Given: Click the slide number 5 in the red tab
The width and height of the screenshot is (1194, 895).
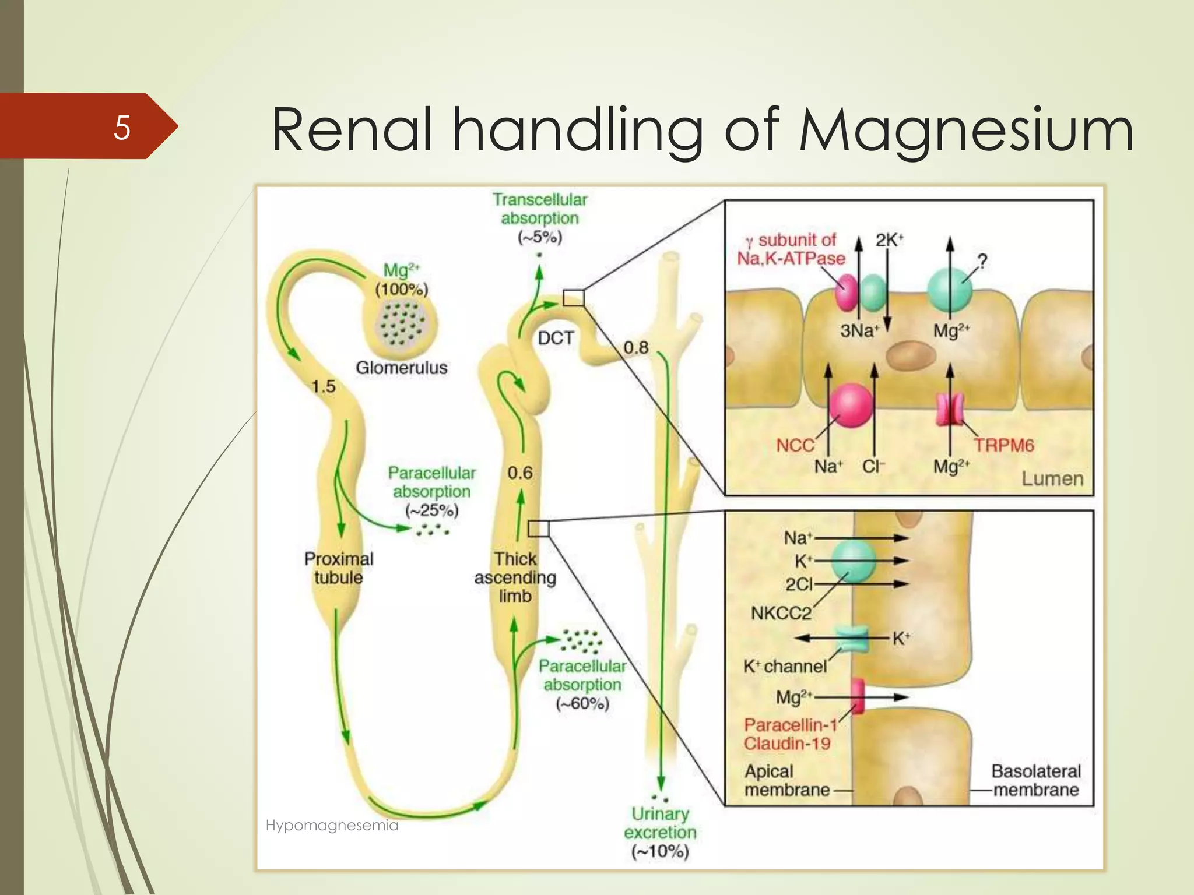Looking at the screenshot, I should (122, 127).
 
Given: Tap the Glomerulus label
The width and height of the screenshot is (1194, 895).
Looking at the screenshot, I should (402, 368).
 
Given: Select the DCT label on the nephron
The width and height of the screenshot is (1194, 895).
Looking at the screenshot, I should (556, 338).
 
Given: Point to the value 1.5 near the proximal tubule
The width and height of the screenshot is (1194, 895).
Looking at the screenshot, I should (324, 386).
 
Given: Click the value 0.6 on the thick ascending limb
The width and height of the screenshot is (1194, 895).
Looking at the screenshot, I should (519, 473).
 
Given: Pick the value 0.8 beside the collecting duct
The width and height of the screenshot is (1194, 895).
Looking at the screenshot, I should (635, 348).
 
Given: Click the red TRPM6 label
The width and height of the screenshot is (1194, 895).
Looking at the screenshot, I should (1004, 445).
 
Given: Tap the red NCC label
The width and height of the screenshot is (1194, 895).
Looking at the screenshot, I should (795, 445).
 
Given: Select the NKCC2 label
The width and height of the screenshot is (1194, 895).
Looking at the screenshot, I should (781, 613).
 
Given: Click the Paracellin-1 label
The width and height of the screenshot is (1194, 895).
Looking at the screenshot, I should (791, 725).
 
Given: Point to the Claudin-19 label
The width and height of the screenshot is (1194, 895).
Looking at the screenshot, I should (786, 744).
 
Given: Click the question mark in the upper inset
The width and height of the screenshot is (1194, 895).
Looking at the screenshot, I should (982, 261).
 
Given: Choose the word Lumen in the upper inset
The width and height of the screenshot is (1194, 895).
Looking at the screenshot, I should (1052, 478).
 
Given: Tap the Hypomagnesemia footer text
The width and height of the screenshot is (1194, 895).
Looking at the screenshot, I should (332, 825).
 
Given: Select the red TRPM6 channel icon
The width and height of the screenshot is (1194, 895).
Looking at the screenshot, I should (950, 409).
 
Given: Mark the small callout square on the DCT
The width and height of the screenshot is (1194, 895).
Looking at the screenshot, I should (574, 298).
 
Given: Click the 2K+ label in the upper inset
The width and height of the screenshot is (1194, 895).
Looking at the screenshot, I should (889, 240).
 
